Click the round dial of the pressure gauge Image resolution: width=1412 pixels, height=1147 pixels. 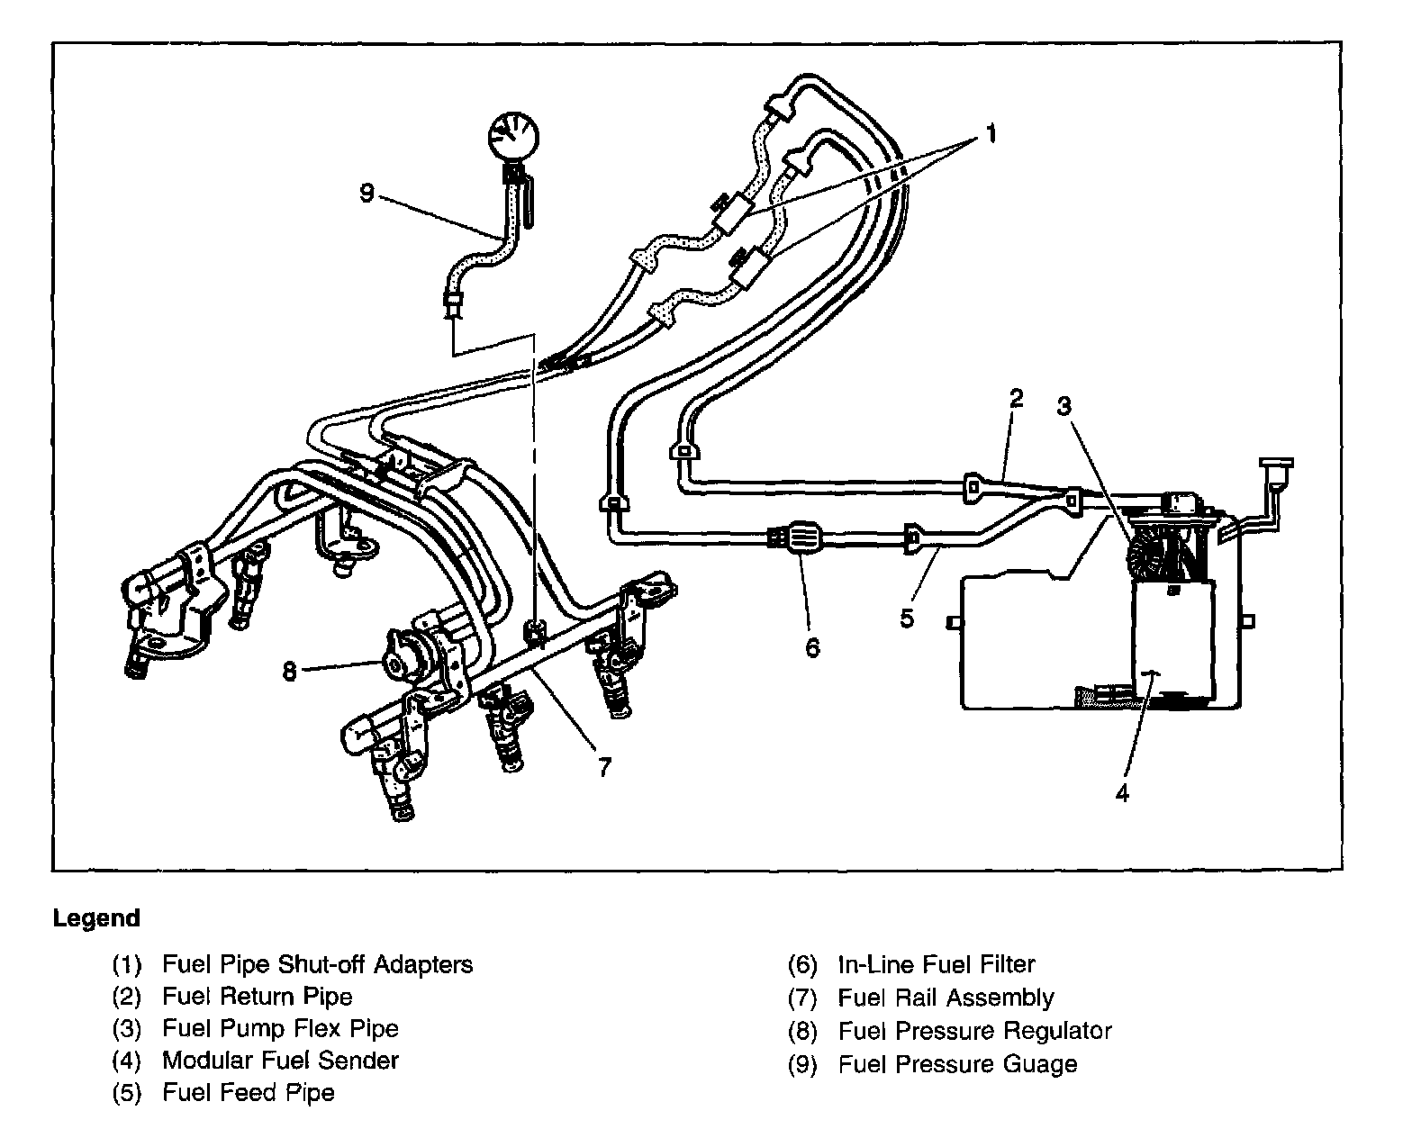pos(513,135)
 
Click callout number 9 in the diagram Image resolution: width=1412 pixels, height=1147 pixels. pos(367,193)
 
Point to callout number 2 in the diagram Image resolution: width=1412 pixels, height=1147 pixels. pos(1016,398)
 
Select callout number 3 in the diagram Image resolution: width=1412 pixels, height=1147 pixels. pos(1064,406)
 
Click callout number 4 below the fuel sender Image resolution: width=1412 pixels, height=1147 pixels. pos(1121,792)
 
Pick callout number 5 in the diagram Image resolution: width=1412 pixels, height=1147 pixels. pos(907,618)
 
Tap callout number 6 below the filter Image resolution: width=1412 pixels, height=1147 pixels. pos(812,647)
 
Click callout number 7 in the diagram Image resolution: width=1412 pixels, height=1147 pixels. pos(604,766)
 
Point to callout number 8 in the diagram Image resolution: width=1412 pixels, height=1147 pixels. pos(289,672)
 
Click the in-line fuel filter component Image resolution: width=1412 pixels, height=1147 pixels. pos(803,540)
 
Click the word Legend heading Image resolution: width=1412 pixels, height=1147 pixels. pos(96,918)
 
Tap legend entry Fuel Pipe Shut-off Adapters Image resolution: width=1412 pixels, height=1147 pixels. pos(317,964)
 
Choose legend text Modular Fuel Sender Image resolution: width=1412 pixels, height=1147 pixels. pos(280,1061)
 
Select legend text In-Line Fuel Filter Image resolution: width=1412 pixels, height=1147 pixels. pos(937,964)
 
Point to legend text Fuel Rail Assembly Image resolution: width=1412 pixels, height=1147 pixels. pos(946,998)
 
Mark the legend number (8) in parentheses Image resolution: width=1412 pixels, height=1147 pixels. pos(801,1031)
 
